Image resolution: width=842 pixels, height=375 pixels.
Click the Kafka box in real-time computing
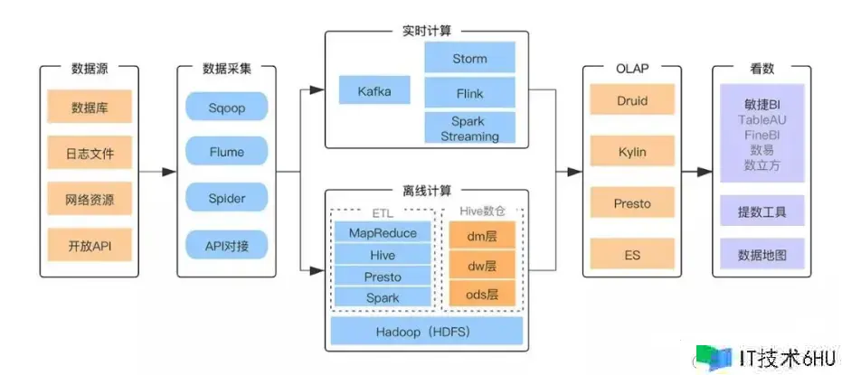tap(374, 90)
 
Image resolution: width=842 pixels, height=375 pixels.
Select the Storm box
tap(469, 59)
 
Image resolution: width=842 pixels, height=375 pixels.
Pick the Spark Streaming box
tap(469, 128)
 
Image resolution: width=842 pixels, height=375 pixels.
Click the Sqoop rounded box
tap(227, 108)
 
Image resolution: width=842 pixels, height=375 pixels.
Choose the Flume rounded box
tap(227, 152)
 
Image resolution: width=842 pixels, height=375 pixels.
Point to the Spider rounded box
tap(227, 197)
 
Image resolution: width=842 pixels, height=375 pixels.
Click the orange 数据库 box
tap(90, 108)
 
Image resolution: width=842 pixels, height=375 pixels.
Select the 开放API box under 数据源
tap(90, 244)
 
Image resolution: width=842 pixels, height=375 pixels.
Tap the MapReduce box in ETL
tap(383, 233)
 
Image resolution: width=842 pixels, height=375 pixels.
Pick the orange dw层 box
tap(482, 267)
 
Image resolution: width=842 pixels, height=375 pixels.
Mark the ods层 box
tap(482, 294)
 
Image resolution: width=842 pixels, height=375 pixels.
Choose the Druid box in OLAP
tap(631, 100)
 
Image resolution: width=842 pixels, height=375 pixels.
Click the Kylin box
tap(631, 152)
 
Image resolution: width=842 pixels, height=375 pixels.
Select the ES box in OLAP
tap(631, 255)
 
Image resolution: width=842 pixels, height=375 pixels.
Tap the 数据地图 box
tap(761, 255)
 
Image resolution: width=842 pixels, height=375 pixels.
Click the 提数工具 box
tap(761, 212)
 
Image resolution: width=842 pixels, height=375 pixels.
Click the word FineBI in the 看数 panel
tap(761, 135)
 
